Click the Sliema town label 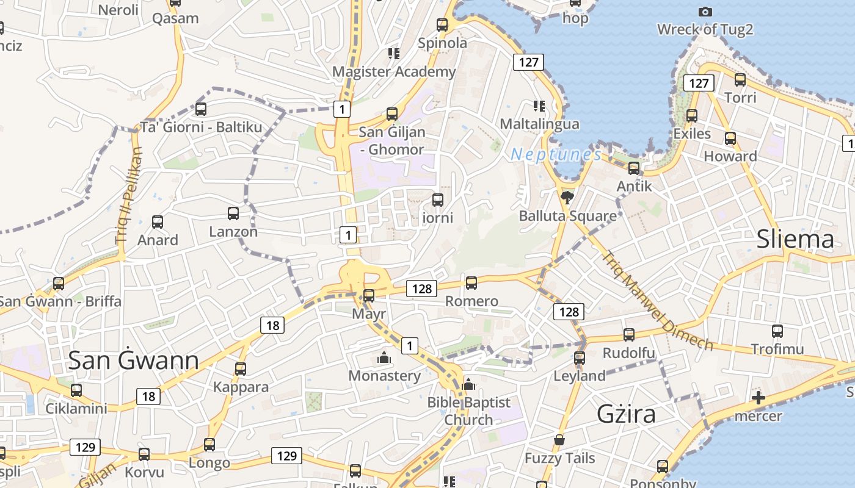tap(795, 240)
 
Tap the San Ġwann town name tap(133, 361)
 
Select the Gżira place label tap(626, 414)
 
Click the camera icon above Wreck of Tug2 tap(705, 12)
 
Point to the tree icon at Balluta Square tap(567, 197)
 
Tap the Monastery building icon tap(384, 357)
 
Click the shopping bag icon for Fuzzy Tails tap(559, 440)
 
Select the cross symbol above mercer tap(758, 398)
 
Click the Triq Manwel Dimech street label tap(657, 301)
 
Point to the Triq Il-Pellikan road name tap(128, 195)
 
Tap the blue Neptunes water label tap(556, 155)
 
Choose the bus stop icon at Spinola tap(442, 25)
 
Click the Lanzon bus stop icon tap(233, 213)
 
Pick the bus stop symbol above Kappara tap(241, 368)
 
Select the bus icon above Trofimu tap(777, 331)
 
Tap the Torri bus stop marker tap(740, 79)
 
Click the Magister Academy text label tap(394, 72)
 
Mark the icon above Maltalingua tap(539, 106)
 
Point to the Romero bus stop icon tap(471, 282)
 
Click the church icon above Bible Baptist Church tap(469, 384)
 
